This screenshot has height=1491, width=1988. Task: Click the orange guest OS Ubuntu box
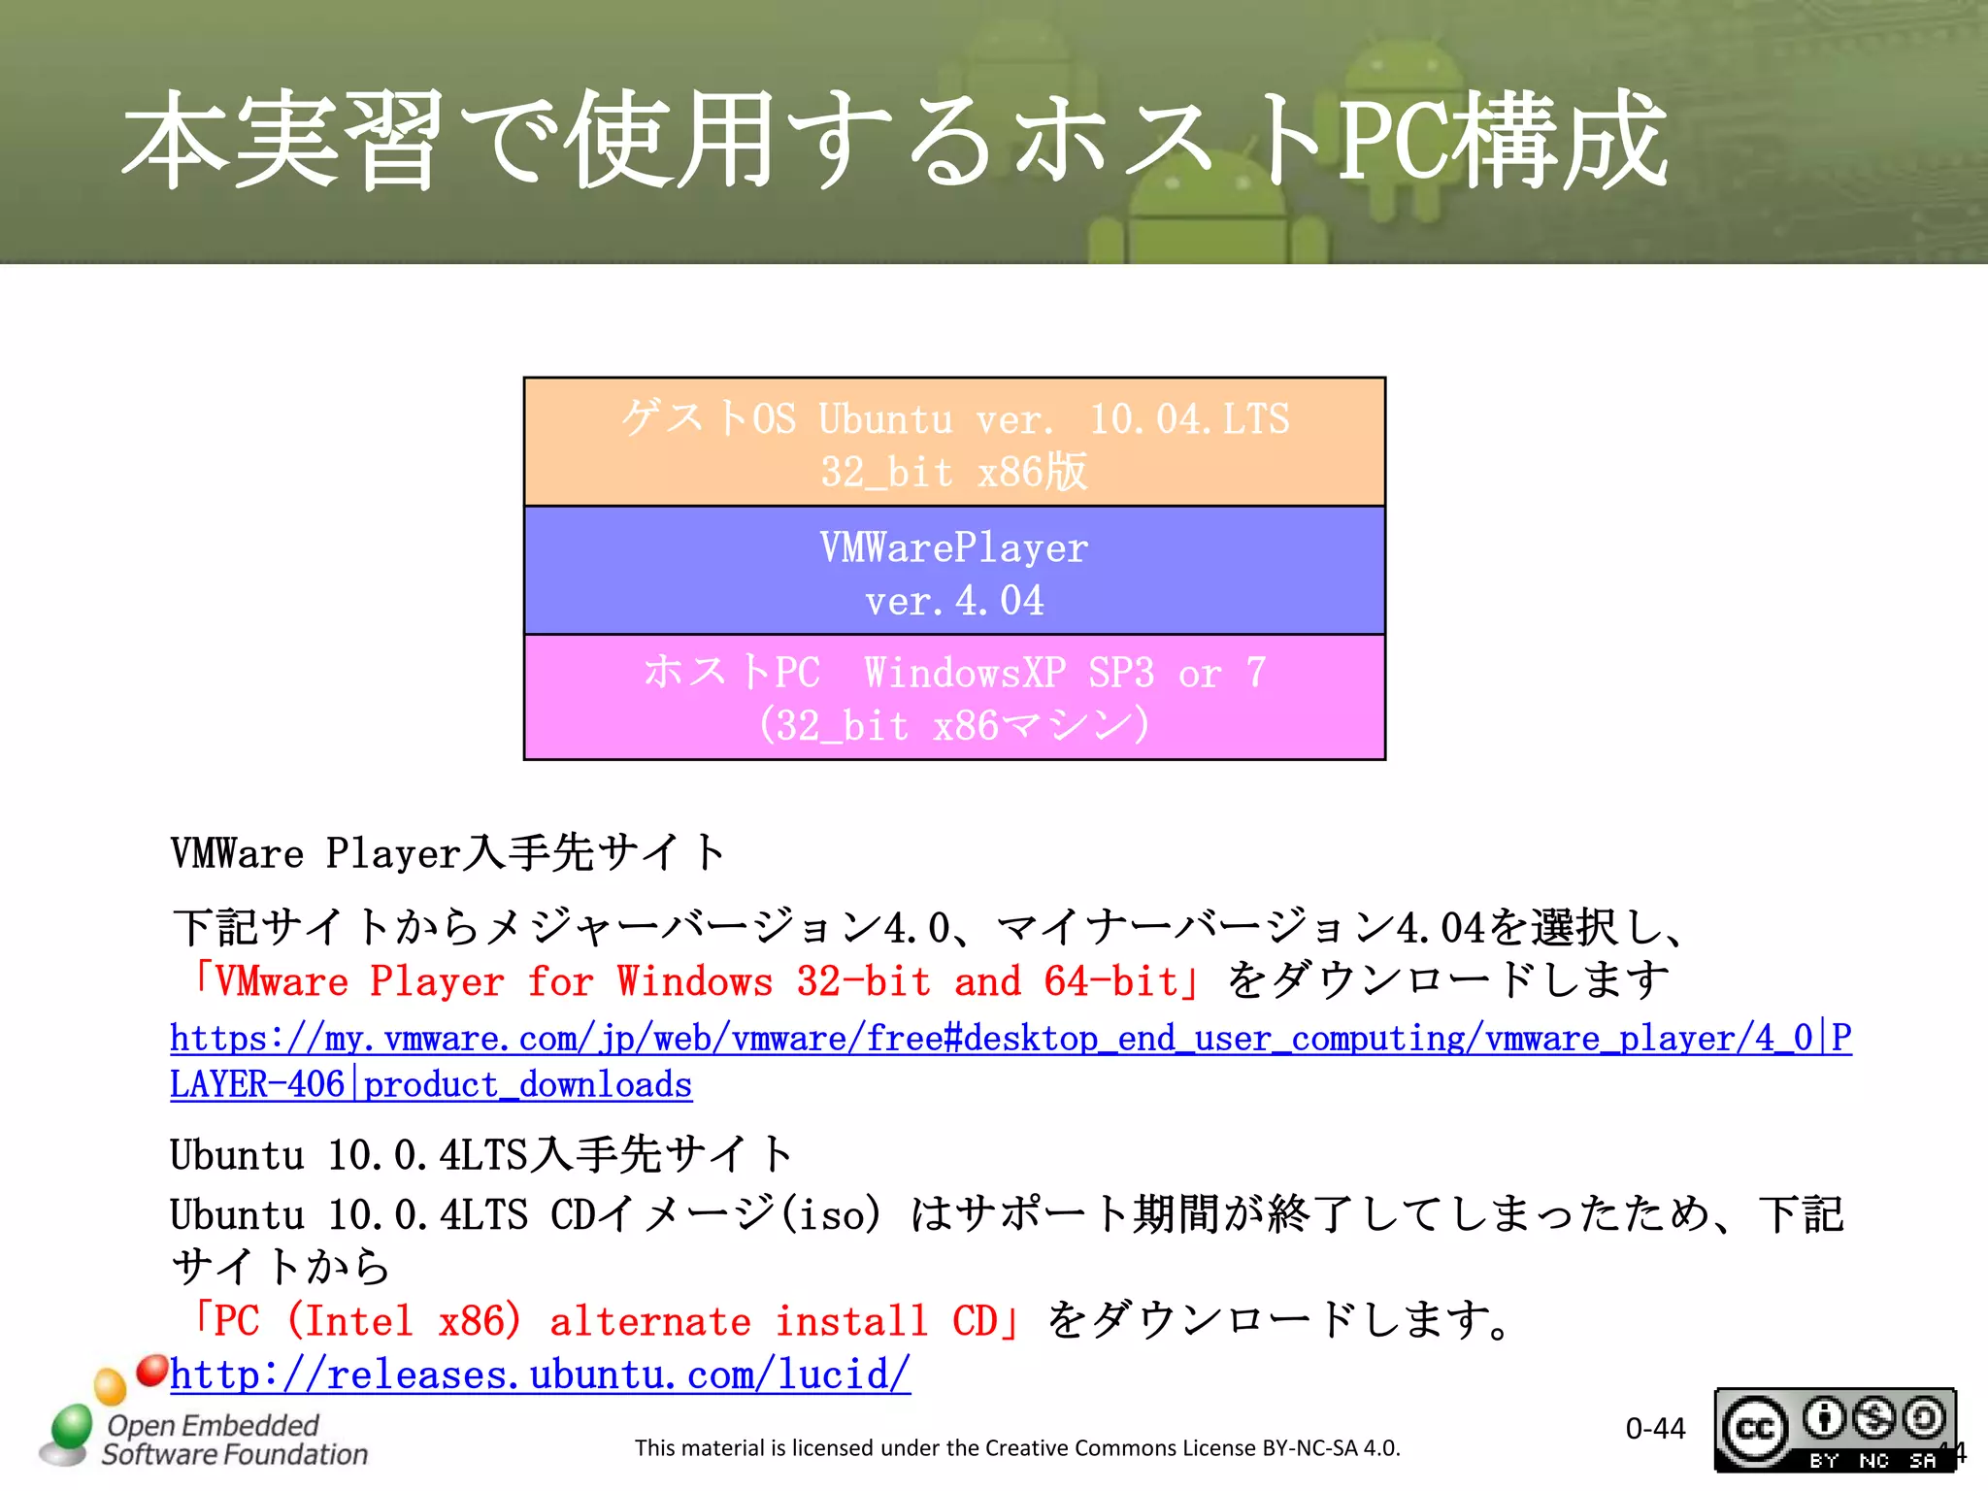[x=954, y=443]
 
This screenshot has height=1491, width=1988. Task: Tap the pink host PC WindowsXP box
[x=954, y=698]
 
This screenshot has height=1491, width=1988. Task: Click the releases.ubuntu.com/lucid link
[x=540, y=1375]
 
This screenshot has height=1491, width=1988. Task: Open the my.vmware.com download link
[x=1010, y=1039]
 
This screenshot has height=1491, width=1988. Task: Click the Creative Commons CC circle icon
[x=1755, y=1429]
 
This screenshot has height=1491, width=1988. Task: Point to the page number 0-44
[x=1655, y=1429]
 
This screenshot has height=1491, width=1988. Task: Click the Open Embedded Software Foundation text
[x=233, y=1440]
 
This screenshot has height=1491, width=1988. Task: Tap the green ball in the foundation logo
[x=71, y=1427]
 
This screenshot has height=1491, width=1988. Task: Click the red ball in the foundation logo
[x=152, y=1370]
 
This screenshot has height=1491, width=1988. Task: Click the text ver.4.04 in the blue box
[x=954, y=601]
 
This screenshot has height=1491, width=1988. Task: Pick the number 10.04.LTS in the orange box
[x=1189, y=419]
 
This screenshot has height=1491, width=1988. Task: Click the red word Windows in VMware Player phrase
[x=695, y=981]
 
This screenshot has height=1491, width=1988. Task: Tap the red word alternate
[x=649, y=1321]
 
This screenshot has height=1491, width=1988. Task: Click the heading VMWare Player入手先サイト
[x=447, y=853]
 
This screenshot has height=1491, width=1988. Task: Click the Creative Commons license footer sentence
[x=1017, y=1448]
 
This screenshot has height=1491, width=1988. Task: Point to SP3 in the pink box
[x=1121, y=673]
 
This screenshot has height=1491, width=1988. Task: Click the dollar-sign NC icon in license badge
[x=1872, y=1418]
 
